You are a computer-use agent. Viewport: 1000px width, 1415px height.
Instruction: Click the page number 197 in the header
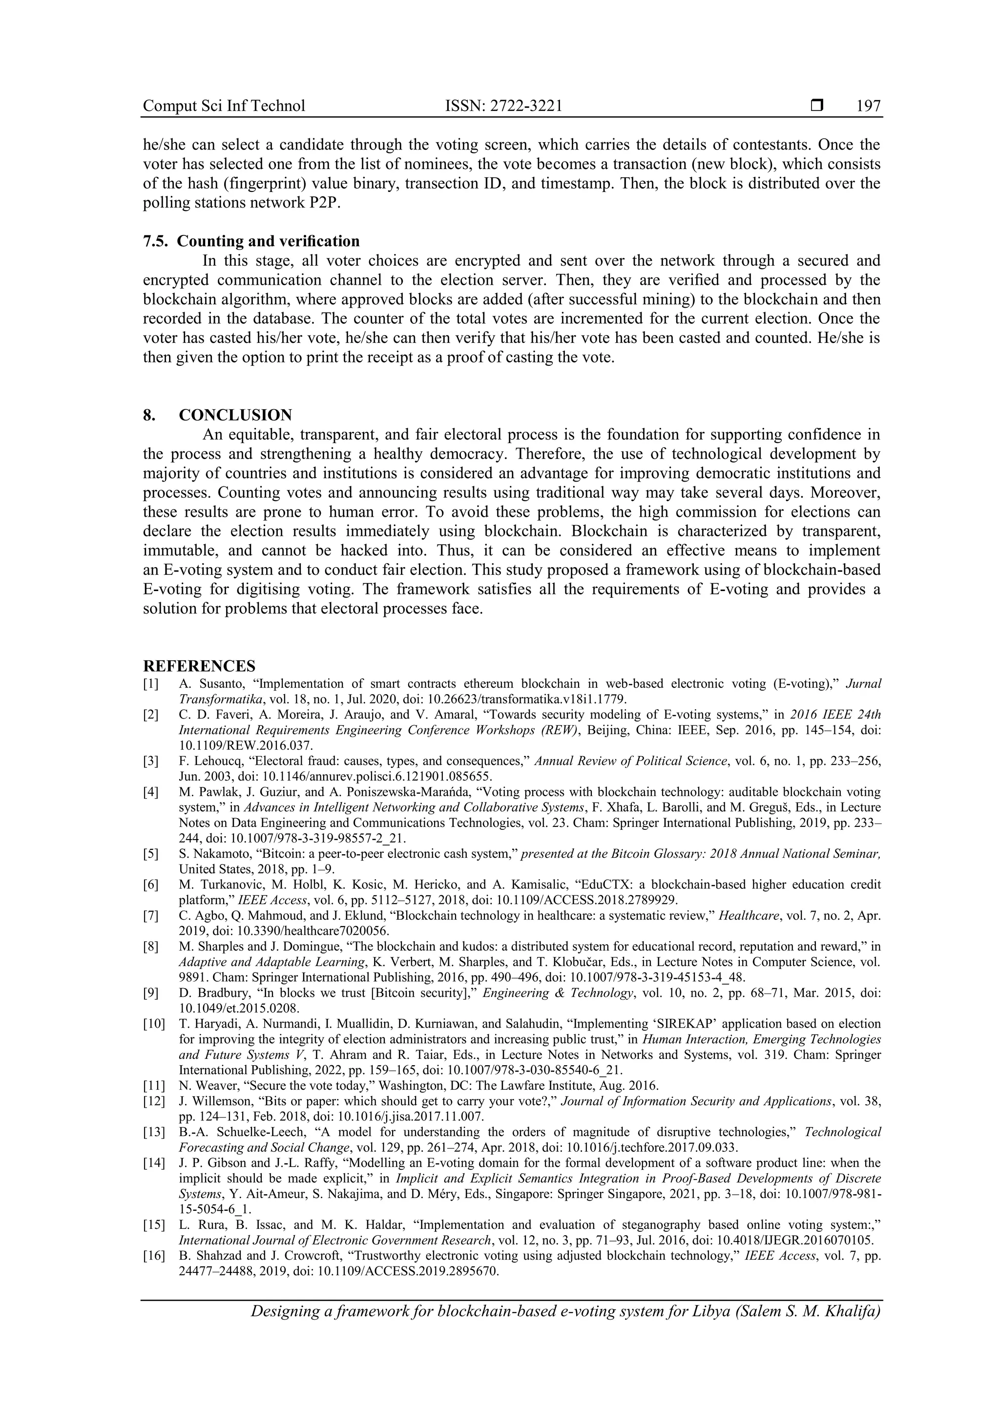[x=868, y=106]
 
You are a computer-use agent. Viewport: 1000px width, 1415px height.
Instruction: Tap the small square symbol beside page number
[x=817, y=106]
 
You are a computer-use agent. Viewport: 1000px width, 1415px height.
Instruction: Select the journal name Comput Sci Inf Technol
[x=224, y=106]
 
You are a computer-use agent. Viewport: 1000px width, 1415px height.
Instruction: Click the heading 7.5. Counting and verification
[x=251, y=241]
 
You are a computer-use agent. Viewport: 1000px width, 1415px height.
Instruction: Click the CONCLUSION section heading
[x=235, y=415]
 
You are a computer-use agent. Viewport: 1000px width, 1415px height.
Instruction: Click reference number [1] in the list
[x=150, y=683]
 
